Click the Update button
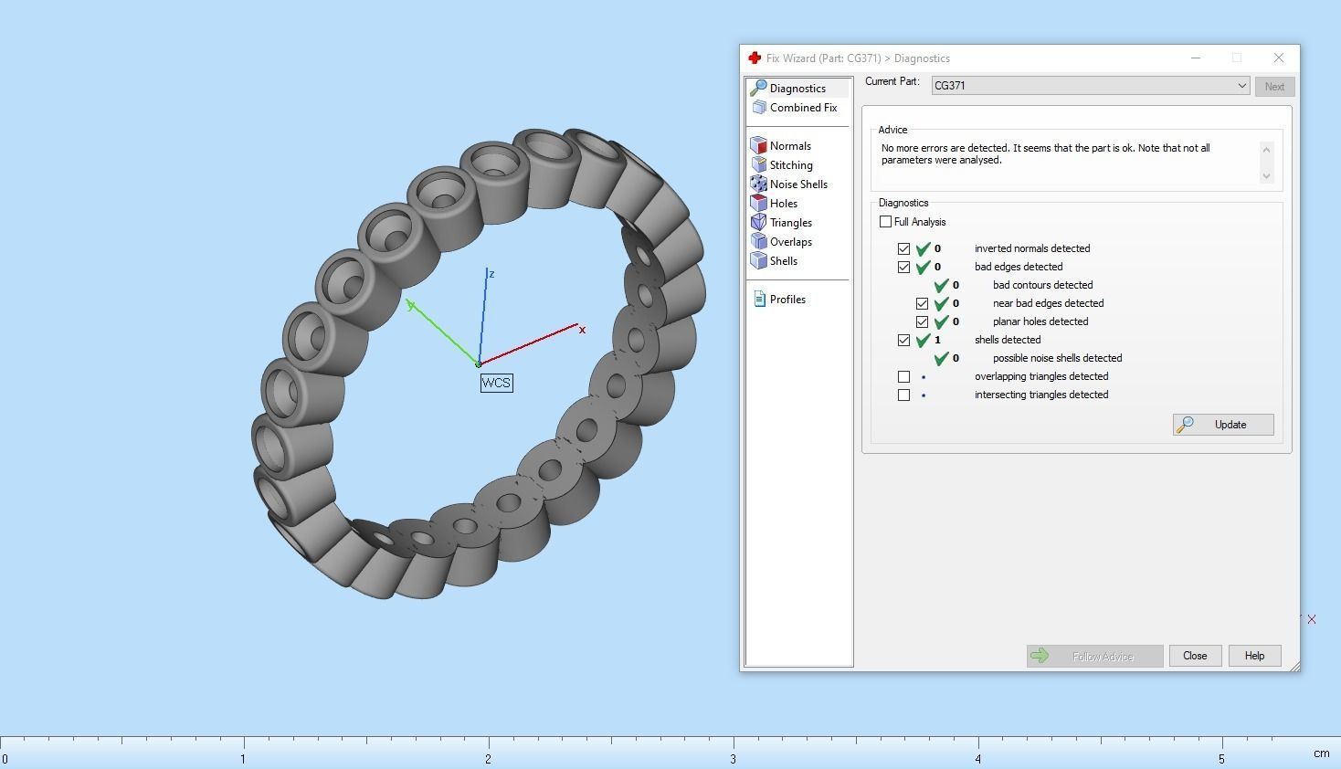(1223, 425)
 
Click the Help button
(1254, 656)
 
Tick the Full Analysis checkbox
(885, 222)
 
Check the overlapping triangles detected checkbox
(903, 376)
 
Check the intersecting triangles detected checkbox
(903, 395)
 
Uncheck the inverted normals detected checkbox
(903, 248)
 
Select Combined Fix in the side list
(802, 108)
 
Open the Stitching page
(790, 165)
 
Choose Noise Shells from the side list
(797, 184)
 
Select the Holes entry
(783, 204)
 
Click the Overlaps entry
(790, 242)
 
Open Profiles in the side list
(787, 300)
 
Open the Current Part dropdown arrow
(1241, 86)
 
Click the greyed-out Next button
(1274, 87)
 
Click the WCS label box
(496, 383)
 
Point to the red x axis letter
(582, 330)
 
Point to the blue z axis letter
(491, 274)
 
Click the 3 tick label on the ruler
(733, 759)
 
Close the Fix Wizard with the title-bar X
(1278, 58)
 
